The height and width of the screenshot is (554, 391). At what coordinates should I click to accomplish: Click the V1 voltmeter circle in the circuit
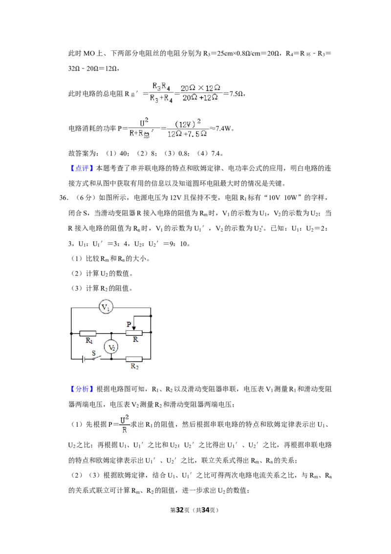point(106,307)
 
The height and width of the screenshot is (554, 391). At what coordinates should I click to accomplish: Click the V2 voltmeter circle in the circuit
point(111,347)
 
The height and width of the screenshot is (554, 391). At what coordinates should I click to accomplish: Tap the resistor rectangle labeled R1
point(88,333)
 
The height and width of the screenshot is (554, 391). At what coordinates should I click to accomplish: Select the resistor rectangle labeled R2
point(134,359)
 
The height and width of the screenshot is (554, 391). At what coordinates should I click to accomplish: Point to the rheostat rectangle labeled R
point(134,333)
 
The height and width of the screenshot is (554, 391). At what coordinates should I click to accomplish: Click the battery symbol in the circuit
point(83,359)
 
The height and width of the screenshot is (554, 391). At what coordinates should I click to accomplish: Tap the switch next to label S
point(96,358)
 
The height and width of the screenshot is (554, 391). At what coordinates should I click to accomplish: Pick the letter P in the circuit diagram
point(129,324)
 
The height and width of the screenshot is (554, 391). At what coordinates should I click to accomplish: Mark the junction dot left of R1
point(71,333)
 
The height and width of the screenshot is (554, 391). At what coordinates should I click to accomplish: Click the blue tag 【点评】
point(82,168)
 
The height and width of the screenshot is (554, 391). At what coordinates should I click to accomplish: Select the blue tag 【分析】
point(82,389)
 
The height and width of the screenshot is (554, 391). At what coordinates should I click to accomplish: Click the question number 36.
point(64,198)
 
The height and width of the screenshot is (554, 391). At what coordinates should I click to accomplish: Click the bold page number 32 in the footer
point(180,510)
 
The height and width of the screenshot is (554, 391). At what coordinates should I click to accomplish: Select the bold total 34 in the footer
point(205,510)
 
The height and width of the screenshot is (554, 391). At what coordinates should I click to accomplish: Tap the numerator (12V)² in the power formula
point(188,123)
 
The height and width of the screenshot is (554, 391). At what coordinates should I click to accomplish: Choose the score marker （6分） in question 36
point(85,198)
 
